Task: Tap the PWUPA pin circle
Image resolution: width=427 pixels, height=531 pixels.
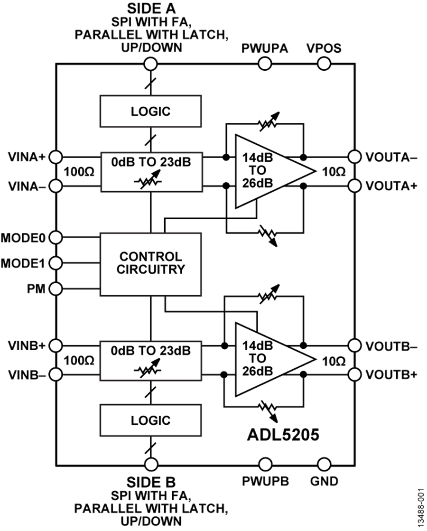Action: pos(265,63)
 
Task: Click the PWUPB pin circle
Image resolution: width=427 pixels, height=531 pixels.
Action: pos(265,465)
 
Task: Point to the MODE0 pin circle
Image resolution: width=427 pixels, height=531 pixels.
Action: pos(56,236)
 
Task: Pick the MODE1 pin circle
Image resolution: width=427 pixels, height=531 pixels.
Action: pos(56,262)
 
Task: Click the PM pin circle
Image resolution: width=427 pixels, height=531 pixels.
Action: pos(56,288)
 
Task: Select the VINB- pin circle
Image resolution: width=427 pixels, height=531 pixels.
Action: pos(56,375)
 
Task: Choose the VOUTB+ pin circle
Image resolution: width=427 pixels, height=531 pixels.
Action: pos(354,375)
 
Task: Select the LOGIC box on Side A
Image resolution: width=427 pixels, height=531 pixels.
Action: pos(150,112)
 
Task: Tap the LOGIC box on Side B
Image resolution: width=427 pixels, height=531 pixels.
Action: pos(150,420)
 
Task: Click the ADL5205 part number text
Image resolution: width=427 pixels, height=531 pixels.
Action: pos(282,434)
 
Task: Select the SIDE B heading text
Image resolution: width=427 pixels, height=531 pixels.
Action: pos(150,482)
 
